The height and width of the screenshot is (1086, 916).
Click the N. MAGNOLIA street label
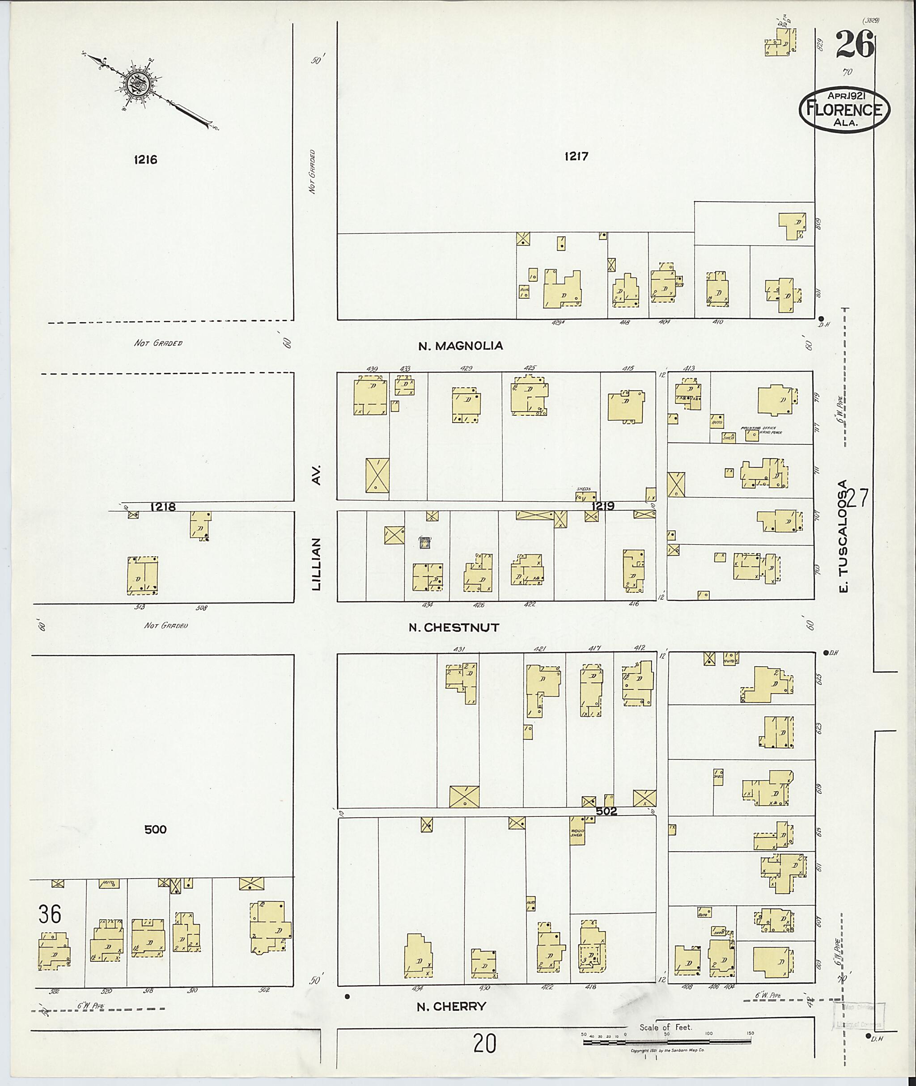tap(461, 346)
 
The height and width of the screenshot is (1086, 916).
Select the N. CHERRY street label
tap(451, 1006)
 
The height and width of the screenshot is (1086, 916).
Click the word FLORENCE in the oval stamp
tap(844, 110)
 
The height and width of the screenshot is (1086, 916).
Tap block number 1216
tap(145, 160)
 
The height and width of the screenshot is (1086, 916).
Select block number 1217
tap(577, 156)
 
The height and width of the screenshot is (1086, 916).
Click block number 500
tap(155, 829)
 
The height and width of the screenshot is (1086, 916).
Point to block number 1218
tap(162, 507)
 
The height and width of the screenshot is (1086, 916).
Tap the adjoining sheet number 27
tap(857, 499)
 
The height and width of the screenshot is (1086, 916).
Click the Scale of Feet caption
tap(665, 1027)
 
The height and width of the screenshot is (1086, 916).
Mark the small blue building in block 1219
tap(425, 542)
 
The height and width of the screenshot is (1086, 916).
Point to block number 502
tap(606, 811)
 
